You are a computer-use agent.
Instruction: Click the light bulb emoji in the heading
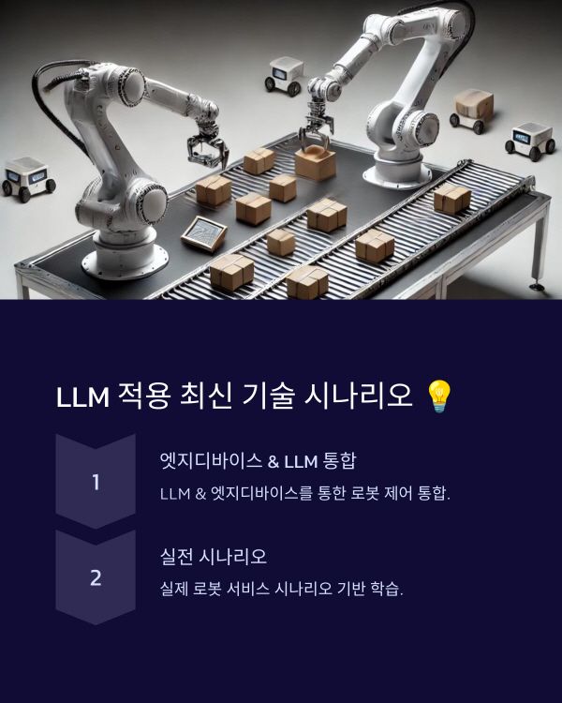[x=438, y=396]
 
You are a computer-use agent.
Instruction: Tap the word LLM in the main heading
[x=82, y=397]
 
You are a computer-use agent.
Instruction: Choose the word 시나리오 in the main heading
[x=359, y=396]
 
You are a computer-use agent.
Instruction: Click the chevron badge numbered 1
[x=96, y=482]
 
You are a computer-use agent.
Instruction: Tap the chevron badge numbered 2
[x=96, y=577]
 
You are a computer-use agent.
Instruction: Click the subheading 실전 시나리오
[x=214, y=556]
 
